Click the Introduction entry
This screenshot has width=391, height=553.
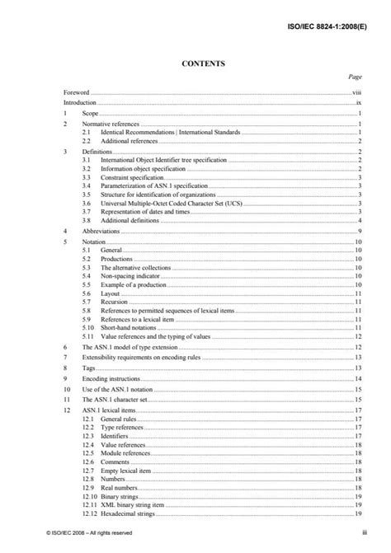(80, 104)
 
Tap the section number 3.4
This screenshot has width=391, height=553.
(87, 187)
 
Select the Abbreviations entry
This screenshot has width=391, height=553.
(101, 232)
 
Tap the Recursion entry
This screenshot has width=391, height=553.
(116, 302)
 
